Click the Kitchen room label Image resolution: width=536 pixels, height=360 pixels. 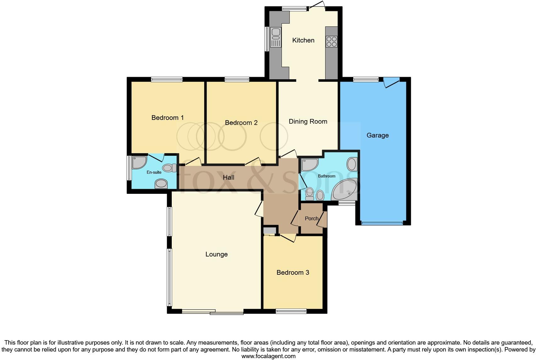303,40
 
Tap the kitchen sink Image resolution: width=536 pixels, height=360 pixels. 276,37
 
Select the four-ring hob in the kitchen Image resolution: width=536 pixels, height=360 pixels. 332,42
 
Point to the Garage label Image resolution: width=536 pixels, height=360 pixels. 377,135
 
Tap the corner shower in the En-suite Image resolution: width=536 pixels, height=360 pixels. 138,162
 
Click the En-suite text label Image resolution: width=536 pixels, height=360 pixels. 154,172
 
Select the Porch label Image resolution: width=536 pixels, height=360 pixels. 311,218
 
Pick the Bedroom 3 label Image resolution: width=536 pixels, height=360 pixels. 293,273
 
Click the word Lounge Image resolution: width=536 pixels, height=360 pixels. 216,254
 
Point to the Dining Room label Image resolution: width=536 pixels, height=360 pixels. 308,121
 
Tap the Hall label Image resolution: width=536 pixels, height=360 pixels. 229,177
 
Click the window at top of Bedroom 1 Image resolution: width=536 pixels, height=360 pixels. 167,80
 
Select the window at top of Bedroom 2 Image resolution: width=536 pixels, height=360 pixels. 237,80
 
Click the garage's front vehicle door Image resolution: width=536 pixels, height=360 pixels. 382,223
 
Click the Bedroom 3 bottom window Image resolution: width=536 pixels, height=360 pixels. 291,311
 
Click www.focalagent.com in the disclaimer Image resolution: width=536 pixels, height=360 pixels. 268,356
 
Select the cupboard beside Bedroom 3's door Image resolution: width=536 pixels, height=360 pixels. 269,231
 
